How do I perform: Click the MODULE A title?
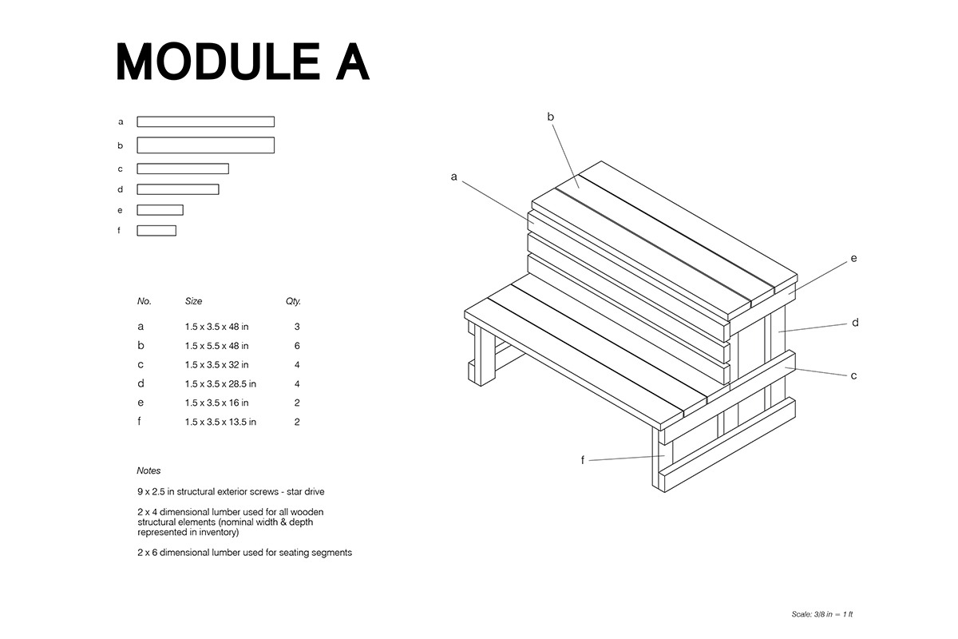[x=243, y=62]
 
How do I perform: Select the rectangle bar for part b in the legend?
[x=205, y=145]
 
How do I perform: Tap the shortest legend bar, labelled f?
[x=156, y=231]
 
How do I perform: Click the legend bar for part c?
[x=183, y=169]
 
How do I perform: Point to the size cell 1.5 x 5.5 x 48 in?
[x=216, y=346]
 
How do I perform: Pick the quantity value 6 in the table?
[x=296, y=346]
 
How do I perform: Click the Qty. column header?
[x=293, y=302]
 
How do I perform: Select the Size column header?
[x=193, y=302]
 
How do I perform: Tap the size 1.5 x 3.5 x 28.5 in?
[x=220, y=384]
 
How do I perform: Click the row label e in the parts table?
[x=141, y=403]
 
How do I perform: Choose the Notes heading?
[x=148, y=471]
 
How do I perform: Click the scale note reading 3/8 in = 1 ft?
[x=821, y=614]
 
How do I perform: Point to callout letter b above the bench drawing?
[x=551, y=117]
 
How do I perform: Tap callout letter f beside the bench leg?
[x=583, y=460]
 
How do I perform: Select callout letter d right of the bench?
[x=854, y=323]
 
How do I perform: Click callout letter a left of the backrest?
[x=453, y=177]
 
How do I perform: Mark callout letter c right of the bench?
[x=853, y=375]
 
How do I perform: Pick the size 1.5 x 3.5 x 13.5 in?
[x=220, y=423]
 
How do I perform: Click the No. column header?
[x=144, y=302]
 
